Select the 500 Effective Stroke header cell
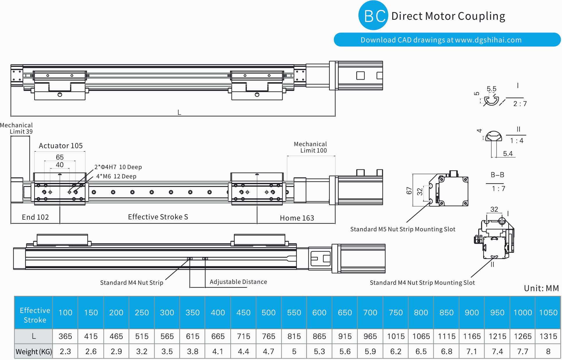pyautogui.click(x=268, y=313)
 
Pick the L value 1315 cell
pyautogui.click(x=548, y=336)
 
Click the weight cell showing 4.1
pyautogui.click(x=218, y=352)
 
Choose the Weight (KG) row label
pyautogui.click(x=34, y=352)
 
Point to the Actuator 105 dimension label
pyautogui.click(x=61, y=146)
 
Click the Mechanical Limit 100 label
pyautogui.click(x=310, y=147)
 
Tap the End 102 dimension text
pyautogui.click(x=35, y=217)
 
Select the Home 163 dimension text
pyautogui.click(x=297, y=218)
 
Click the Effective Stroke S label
pyautogui.click(x=158, y=217)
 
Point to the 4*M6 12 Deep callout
pyautogui.click(x=116, y=176)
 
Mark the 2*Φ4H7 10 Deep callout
pyautogui.click(x=118, y=167)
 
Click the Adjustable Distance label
pyautogui.click(x=238, y=282)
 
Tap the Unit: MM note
pyautogui.click(x=541, y=288)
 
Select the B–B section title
pyautogui.click(x=497, y=175)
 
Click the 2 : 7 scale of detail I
pyautogui.click(x=520, y=104)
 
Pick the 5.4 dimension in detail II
pyautogui.click(x=508, y=154)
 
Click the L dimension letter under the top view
pyautogui.click(x=179, y=112)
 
